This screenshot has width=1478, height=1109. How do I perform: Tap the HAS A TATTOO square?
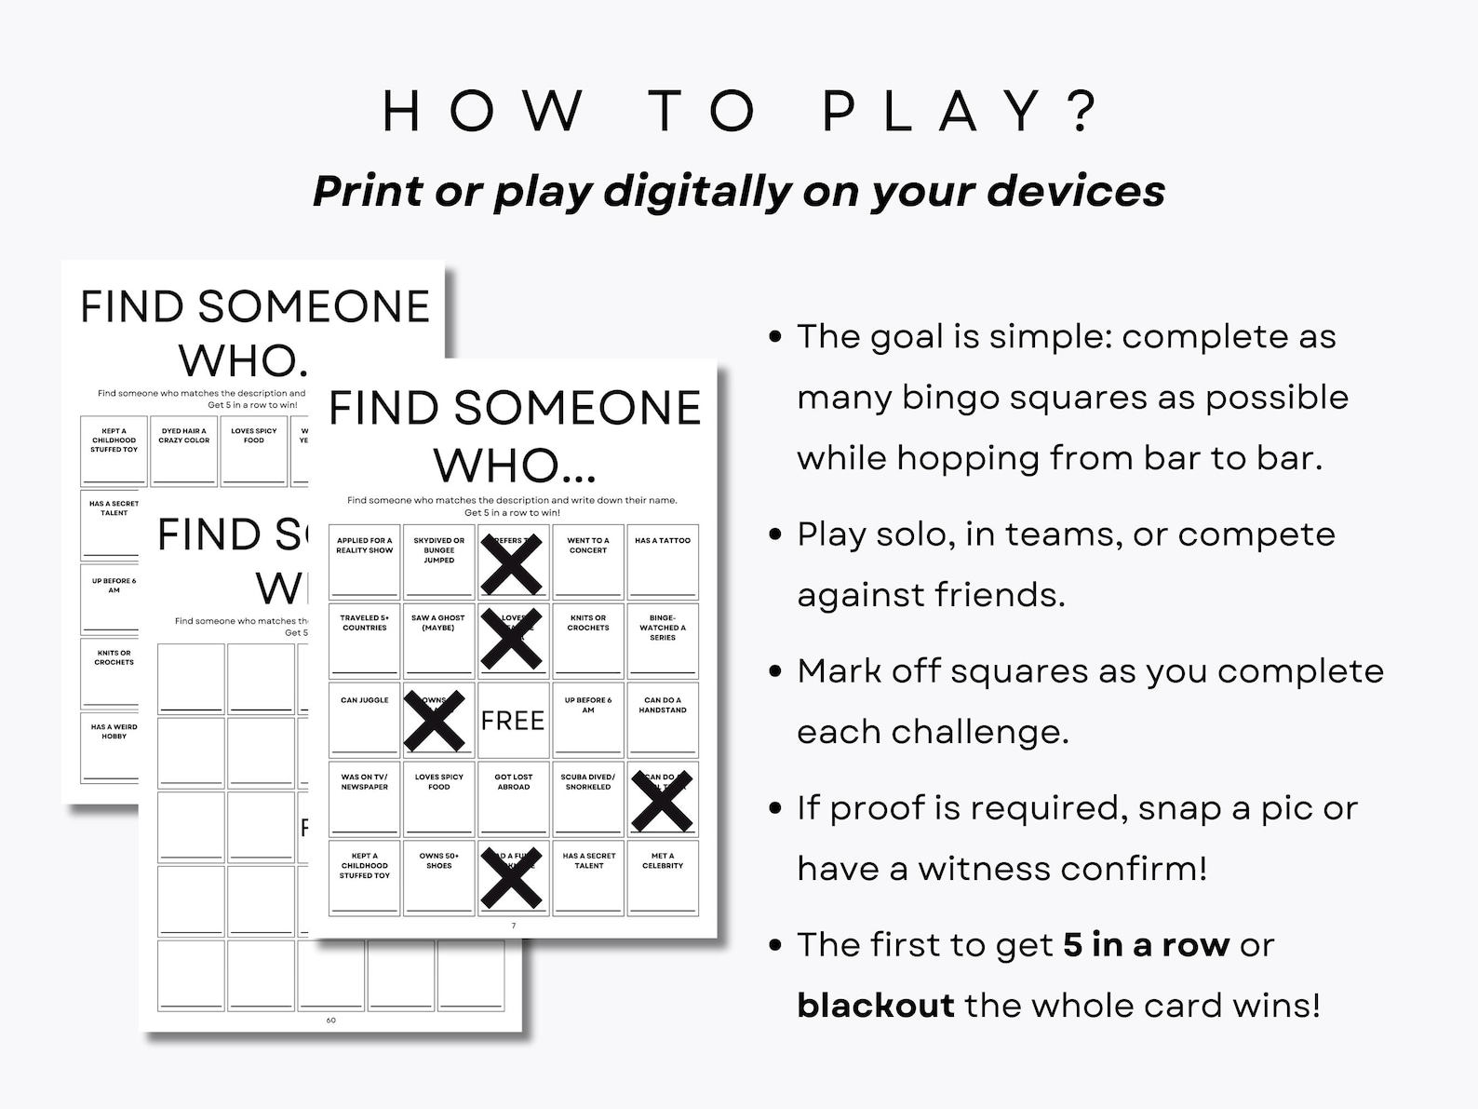(x=663, y=561)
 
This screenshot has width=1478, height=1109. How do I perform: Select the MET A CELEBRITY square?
(x=663, y=877)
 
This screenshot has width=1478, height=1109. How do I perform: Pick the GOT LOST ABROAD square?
(x=514, y=798)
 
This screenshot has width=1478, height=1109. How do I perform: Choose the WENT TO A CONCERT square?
(x=588, y=561)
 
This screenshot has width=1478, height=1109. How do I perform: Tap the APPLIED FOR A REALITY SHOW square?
(x=365, y=561)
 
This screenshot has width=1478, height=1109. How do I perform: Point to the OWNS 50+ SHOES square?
(x=438, y=877)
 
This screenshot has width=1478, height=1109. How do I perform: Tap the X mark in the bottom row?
(x=511, y=877)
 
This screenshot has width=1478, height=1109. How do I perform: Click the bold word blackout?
(x=876, y=1006)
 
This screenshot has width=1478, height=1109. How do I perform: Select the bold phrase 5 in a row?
(x=1147, y=945)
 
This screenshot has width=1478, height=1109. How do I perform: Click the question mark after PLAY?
(x=1082, y=111)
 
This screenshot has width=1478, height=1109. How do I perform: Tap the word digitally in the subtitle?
(x=698, y=191)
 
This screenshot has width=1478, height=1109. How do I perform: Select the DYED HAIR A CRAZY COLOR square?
(x=184, y=452)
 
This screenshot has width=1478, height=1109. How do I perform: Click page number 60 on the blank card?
(x=330, y=1021)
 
